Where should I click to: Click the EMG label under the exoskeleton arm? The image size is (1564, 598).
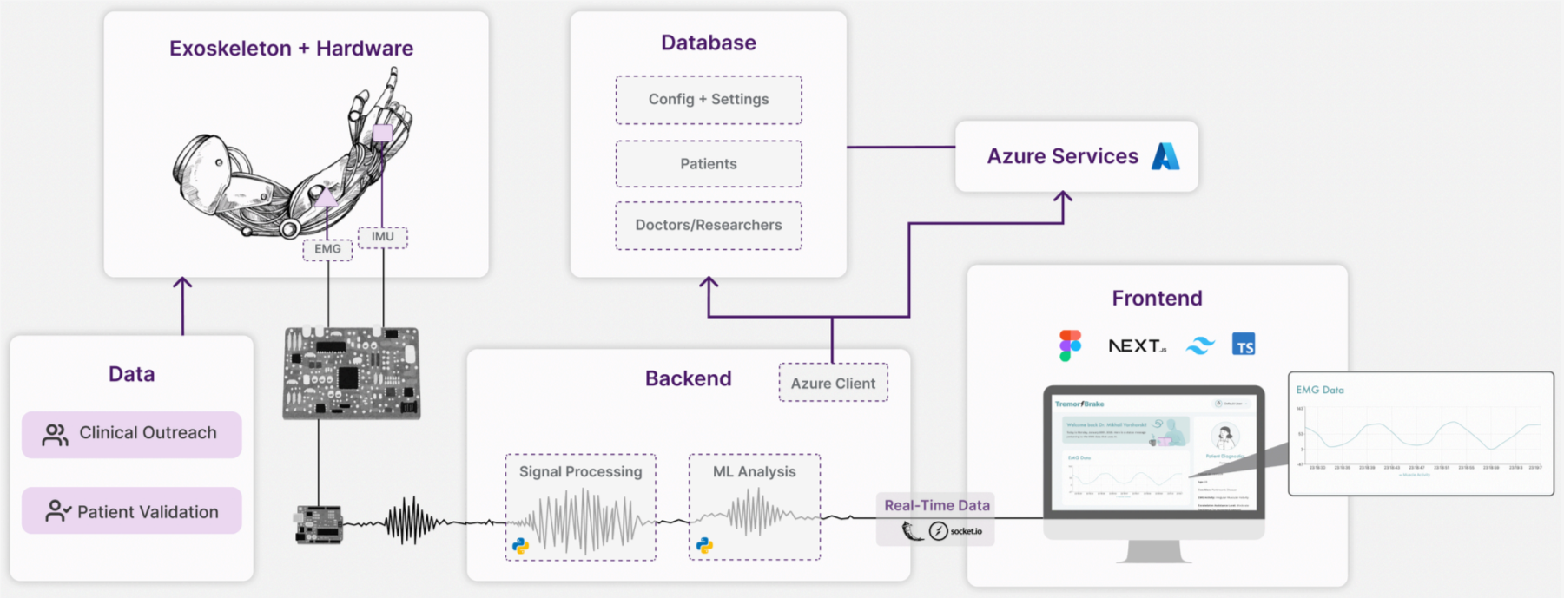point(327,249)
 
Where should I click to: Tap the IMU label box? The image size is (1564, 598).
point(383,236)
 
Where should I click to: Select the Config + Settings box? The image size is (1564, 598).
point(709,100)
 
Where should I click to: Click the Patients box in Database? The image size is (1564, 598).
point(709,164)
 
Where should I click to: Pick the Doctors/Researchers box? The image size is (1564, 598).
point(709,226)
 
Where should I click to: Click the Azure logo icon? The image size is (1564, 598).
point(1165,156)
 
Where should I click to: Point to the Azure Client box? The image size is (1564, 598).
point(833,383)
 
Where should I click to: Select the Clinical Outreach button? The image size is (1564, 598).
point(132,434)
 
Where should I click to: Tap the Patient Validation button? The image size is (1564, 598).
point(132,511)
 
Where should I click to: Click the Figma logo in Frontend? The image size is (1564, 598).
point(1070,345)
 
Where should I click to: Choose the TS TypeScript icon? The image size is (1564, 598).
point(1244,345)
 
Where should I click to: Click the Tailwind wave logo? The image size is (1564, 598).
point(1200,346)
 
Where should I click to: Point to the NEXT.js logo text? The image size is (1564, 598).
point(1137,345)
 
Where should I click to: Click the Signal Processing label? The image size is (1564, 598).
point(581,472)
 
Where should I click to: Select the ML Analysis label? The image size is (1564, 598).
point(754,472)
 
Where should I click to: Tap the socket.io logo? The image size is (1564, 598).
point(955,531)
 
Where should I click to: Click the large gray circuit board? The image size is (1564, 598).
point(352,373)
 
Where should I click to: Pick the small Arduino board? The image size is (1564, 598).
point(319,524)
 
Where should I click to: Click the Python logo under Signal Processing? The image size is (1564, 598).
point(520,546)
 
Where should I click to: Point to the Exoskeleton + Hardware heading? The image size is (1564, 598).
point(291,49)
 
